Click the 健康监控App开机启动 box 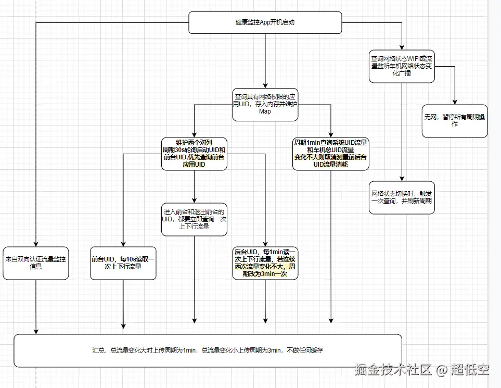(265, 23)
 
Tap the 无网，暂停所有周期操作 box (455, 121)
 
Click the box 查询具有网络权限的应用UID (265, 104)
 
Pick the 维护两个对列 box (194, 153)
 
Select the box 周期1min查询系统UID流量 (331, 153)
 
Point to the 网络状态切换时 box (401, 196)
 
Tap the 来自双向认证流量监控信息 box (36, 263)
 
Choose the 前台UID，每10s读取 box (123, 262)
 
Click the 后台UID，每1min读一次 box (265, 262)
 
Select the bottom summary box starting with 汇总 (208, 351)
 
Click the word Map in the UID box (265, 111)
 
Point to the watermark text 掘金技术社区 (393, 370)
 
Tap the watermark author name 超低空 (470, 370)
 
